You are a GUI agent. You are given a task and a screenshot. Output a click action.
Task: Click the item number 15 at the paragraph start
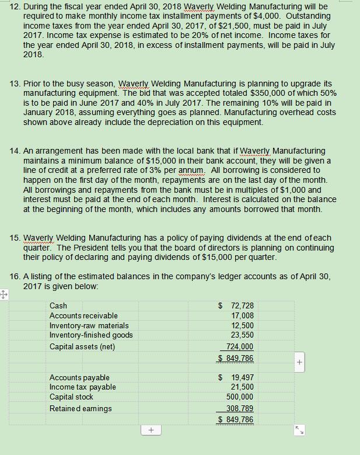coord(15,238)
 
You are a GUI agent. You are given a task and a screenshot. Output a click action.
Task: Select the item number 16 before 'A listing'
coord(15,276)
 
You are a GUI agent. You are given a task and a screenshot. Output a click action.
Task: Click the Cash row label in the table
coord(58,305)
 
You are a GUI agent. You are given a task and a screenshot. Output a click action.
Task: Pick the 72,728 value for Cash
coord(242,305)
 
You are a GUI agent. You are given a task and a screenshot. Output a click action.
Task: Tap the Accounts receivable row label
coord(83,315)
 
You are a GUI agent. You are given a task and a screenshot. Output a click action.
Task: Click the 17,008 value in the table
coord(242,315)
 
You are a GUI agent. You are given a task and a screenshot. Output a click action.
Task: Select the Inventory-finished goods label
coord(91,335)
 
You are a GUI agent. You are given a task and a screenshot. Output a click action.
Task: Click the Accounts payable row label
coord(79,378)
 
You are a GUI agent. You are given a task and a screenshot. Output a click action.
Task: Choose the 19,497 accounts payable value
coord(242,378)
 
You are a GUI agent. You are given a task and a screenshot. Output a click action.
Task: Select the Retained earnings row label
coord(81,408)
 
